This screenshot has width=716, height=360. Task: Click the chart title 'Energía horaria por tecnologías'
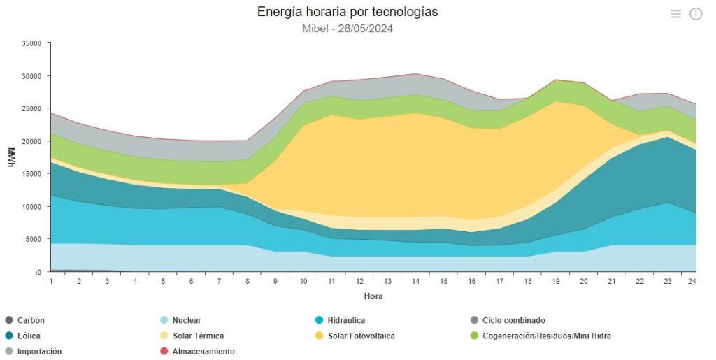coord(348,12)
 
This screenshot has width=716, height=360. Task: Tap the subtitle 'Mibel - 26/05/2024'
coord(348,29)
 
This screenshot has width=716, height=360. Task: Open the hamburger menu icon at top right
coord(676,14)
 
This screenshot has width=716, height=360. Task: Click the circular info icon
coord(696,14)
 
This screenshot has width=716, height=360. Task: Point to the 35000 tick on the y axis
coord(31,43)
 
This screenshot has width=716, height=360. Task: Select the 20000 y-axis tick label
coord(31,141)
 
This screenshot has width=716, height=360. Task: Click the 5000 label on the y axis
coord(34,239)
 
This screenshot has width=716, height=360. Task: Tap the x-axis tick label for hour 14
coord(415,282)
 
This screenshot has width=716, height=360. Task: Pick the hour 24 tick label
coord(692,282)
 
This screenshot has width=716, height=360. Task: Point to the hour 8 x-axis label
coord(248,282)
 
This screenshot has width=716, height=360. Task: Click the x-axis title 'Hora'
coord(373,296)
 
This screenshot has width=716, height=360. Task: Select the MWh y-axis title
coord(11,157)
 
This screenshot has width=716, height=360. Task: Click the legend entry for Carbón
coord(24,320)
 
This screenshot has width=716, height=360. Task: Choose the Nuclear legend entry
coord(181,320)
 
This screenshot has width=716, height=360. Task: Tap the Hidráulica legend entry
coord(341,320)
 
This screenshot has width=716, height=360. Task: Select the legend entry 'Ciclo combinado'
coord(508,320)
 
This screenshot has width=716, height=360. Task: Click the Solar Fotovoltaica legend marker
coord(319,336)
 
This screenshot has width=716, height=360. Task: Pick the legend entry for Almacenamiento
coord(197,352)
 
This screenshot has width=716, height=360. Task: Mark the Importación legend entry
coord(34,352)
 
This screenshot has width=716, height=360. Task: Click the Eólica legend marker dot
coord(9,336)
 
